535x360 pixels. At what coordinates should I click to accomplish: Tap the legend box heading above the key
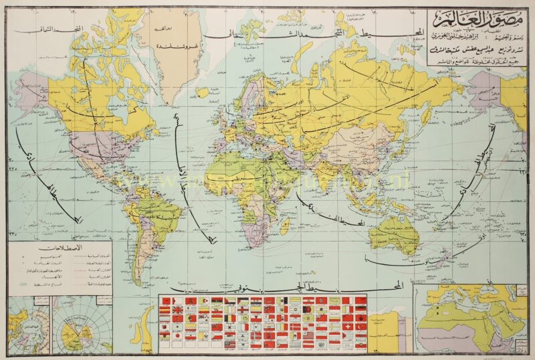click(x=61, y=247)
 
